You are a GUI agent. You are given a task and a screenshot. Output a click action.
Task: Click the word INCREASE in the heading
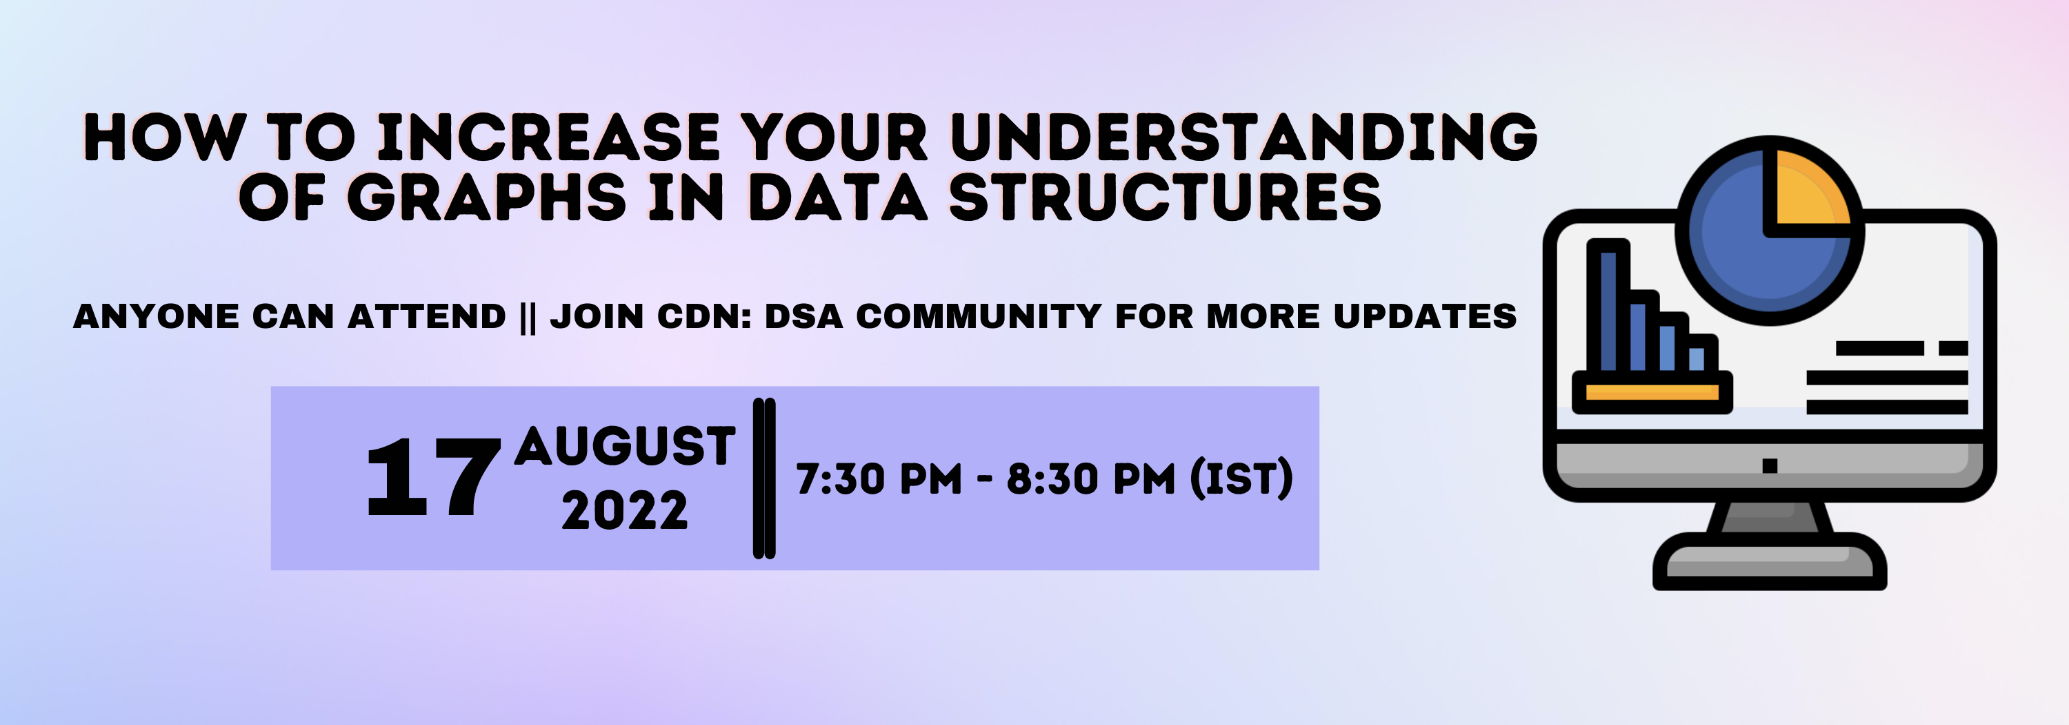point(548,137)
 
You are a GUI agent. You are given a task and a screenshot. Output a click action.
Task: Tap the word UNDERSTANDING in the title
point(1243,137)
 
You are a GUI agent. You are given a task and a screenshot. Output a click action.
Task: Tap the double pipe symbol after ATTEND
point(528,318)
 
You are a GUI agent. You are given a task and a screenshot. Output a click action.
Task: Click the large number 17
point(434,478)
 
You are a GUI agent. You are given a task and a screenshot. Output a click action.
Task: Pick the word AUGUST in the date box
point(625,446)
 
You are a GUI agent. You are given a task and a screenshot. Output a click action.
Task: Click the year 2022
point(625,510)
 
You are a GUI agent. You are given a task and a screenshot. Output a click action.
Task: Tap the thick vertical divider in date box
point(764,478)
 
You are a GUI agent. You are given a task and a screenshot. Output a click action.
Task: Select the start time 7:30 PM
point(879,479)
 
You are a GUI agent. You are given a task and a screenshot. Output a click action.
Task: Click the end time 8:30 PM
point(1090,479)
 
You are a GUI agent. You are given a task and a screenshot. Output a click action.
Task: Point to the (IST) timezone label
point(1241,479)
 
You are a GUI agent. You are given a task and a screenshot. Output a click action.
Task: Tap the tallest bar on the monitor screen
point(1608,309)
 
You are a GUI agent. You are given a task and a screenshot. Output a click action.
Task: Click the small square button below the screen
point(1770,465)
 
